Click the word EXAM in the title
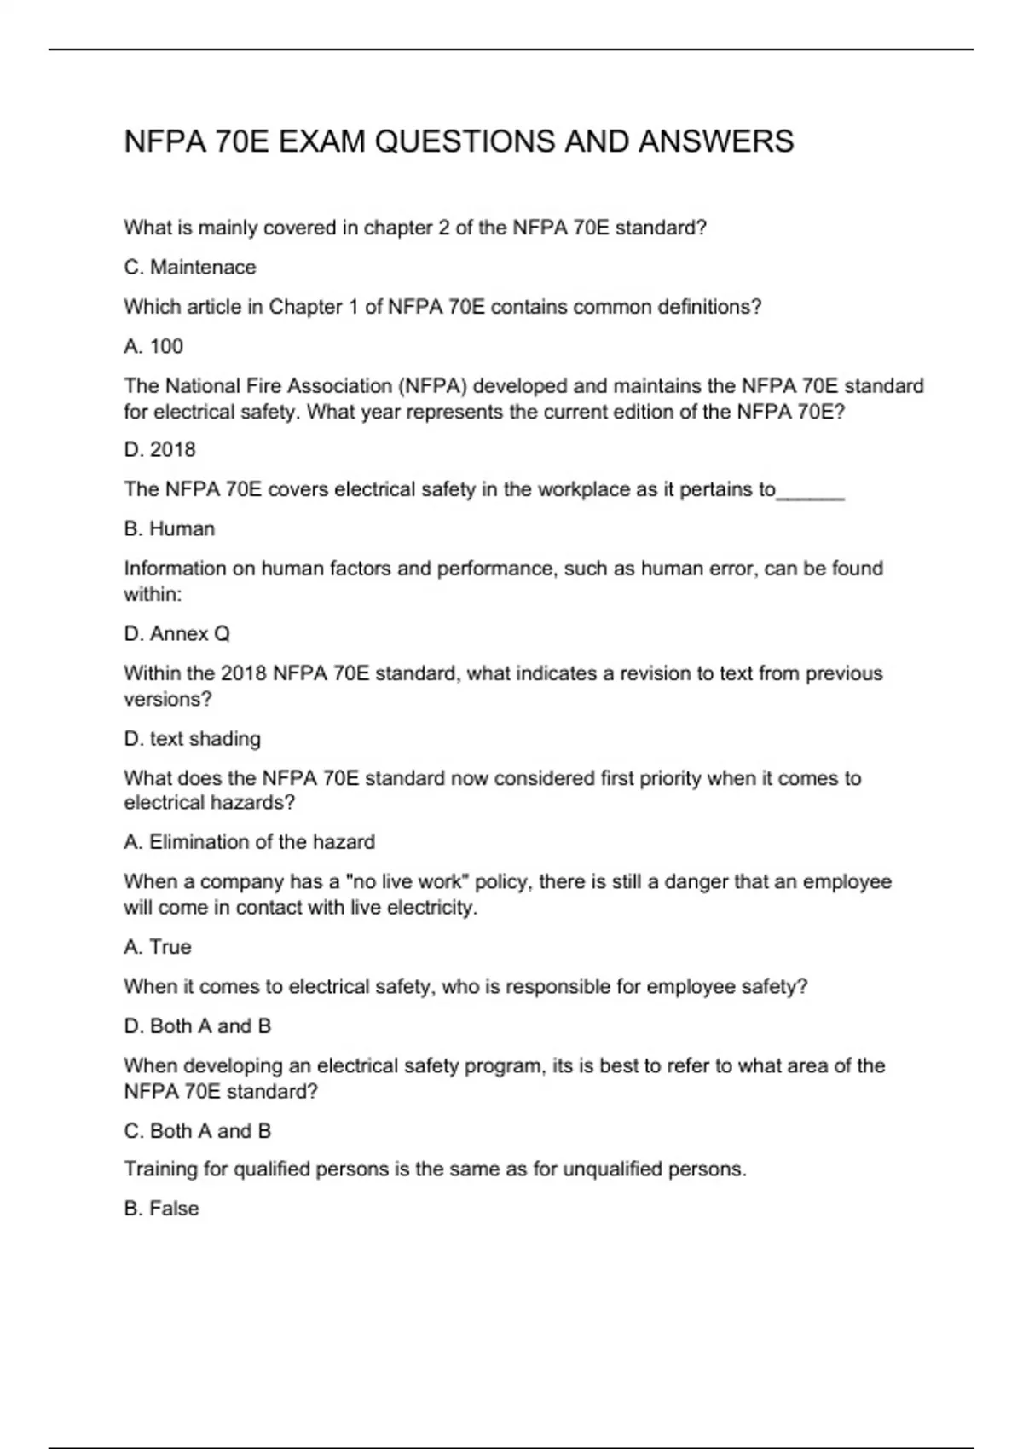tap(321, 141)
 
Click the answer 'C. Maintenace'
tap(189, 268)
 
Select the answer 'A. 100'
tap(153, 346)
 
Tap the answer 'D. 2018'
tap(159, 449)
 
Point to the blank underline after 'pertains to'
tap(811, 492)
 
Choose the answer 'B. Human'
tap(169, 528)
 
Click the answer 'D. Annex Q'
tap(176, 633)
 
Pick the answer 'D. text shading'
tap(192, 738)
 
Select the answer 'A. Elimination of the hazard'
tap(249, 842)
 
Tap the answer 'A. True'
tap(158, 947)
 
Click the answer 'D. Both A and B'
tap(197, 1026)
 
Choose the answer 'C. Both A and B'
tap(197, 1131)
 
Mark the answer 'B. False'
tap(161, 1209)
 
